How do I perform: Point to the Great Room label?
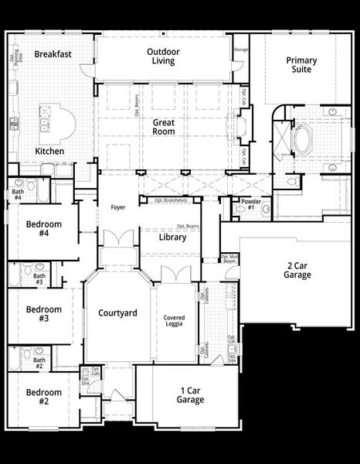163,127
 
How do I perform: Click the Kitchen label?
49,152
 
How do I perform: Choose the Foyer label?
117,207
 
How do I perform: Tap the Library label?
173,237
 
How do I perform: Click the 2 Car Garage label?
297,270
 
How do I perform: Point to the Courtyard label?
117,313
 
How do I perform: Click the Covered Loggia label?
174,322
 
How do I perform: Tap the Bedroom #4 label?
43,230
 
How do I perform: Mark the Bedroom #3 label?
43,313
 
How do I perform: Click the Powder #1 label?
250,206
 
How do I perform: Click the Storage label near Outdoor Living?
241,50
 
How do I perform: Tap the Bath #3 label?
39,278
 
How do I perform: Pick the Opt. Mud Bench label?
229,260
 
